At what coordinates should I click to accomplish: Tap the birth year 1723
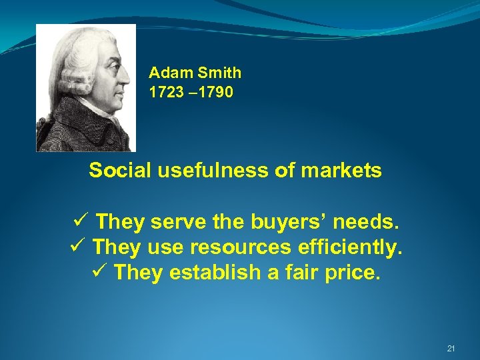point(167,93)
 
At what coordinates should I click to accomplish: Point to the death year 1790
point(215,93)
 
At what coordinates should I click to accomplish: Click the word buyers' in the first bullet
point(287,221)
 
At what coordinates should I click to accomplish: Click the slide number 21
point(451,349)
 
